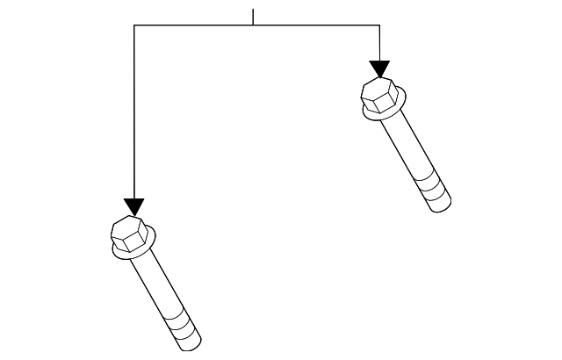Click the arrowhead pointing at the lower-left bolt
pos(133,205)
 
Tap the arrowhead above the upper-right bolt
pos(379,68)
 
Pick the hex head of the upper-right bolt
pos(378,94)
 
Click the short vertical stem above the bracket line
pos(253,17)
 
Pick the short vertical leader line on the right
pos(379,42)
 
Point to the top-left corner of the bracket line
pos(133,25)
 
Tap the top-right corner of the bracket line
pos(379,25)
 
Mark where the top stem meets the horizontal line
pos(253,25)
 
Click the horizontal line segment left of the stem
pos(193,25)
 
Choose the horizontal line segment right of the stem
pos(316,25)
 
